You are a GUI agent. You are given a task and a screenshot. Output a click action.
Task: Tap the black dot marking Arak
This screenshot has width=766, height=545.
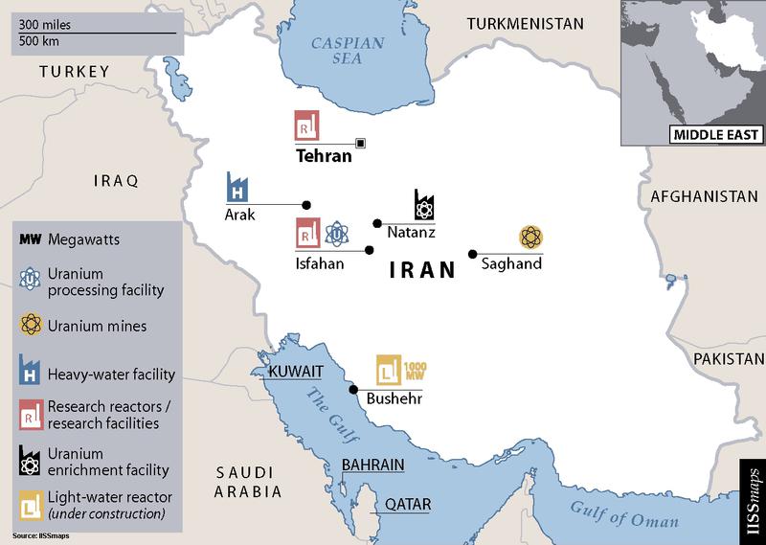(307, 204)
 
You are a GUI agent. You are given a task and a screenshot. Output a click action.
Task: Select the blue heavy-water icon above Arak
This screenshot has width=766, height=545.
(237, 188)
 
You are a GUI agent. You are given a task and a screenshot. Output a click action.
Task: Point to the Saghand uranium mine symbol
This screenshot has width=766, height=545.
(529, 238)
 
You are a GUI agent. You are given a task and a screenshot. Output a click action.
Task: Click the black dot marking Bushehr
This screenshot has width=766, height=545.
(353, 390)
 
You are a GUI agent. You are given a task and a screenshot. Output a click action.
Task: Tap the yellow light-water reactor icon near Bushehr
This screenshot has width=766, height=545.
(389, 369)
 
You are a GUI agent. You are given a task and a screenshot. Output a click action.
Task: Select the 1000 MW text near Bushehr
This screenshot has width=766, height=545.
(416, 370)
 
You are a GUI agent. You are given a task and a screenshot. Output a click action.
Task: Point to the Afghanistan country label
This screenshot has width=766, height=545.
(697, 196)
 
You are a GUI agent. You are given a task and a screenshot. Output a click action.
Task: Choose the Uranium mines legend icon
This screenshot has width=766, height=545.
(29, 326)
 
